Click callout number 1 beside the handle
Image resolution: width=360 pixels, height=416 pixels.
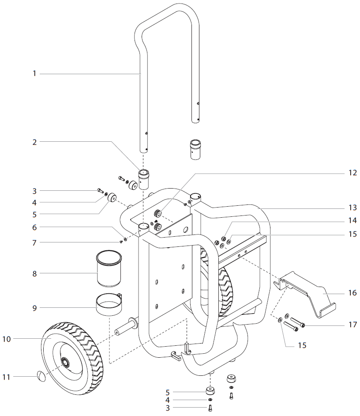click(x=34, y=74)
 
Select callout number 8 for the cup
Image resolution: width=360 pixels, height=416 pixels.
click(x=34, y=273)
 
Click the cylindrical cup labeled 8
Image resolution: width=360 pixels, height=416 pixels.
click(x=109, y=269)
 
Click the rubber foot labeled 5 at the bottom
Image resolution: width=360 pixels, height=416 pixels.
click(x=210, y=391)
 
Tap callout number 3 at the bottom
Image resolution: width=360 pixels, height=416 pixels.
click(x=168, y=408)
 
